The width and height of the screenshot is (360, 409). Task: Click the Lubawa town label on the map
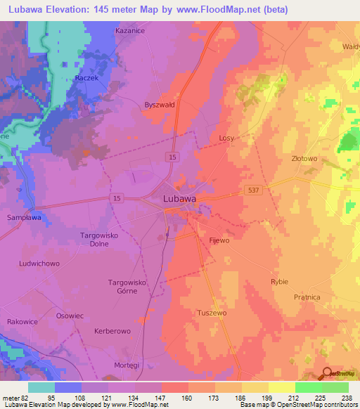(179, 199)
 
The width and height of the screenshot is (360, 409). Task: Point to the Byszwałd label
(159, 103)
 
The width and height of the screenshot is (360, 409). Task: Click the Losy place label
(226, 138)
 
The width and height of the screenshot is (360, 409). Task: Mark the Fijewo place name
(219, 240)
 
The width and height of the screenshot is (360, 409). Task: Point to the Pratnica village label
(307, 297)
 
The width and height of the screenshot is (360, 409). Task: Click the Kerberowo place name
(112, 330)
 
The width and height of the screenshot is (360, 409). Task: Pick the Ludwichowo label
(39, 264)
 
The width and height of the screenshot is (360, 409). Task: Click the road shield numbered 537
(255, 190)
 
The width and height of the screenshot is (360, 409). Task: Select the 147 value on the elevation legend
(162, 398)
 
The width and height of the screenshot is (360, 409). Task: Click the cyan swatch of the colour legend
(41, 387)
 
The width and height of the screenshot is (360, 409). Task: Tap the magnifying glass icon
(326, 372)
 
